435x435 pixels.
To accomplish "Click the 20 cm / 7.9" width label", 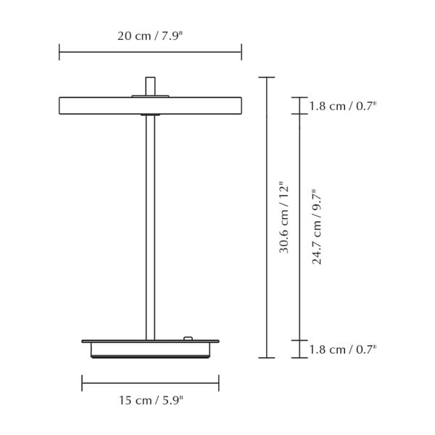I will pos(150,36).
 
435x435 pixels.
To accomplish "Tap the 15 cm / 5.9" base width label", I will pos(150,399).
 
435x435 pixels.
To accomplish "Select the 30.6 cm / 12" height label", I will pos(284,217).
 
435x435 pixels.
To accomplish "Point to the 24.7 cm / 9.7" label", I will pos(317,227).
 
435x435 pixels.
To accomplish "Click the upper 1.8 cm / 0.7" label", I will pos(343,106).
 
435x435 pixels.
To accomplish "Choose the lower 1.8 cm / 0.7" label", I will pos(343,349).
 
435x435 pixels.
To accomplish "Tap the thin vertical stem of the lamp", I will pos(150,232).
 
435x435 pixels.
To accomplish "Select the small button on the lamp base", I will pos(188,338).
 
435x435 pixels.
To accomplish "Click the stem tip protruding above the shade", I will pos(150,84).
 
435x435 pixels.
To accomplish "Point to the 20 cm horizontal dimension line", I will pos(109,51).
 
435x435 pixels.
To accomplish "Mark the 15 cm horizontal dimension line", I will pos(116,384).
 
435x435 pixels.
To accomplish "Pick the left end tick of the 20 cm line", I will pos(59,51).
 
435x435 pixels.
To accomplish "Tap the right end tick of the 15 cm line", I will pos(218,384).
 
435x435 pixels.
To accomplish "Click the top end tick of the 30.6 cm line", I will pos(267,78).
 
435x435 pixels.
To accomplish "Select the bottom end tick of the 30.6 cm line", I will pos(267,357).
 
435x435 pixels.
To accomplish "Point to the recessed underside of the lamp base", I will pos(150,350).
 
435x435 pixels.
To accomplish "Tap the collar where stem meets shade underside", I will pos(150,115).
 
